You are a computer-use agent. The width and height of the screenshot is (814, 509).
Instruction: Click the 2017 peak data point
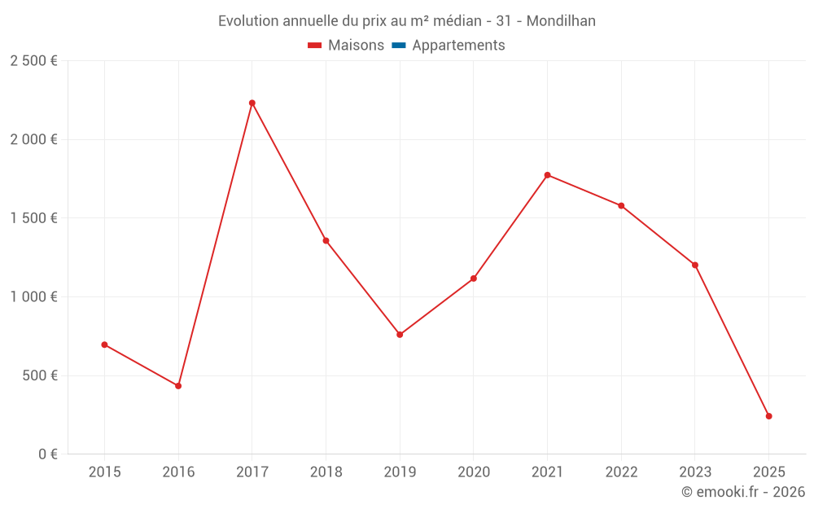pyautogui.click(x=252, y=103)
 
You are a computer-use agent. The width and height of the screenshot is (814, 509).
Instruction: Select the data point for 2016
pyautogui.click(x=178, y=386)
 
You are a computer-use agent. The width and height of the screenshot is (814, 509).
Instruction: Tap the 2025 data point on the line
pyautogui.click(x=768, y=416)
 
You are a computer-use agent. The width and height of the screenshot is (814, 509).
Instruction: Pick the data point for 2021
pyautogui.click(x=547, y=175)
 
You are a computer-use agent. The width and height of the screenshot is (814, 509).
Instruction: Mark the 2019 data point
pyautogui.click(x=400, y=335)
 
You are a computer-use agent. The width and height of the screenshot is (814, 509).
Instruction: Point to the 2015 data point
pyautogui.click(x=104, y=344)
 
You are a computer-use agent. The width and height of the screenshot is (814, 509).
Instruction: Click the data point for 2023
pyautogui.click(x=695, y=265)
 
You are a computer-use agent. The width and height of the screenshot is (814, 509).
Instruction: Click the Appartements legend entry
pyautogui.click(x=458, y=46)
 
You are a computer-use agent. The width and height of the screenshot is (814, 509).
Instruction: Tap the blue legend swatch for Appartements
pyautogui.click(x=399, y=46)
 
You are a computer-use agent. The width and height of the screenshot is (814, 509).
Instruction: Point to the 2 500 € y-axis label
pyautogui.click(x=33, y=61)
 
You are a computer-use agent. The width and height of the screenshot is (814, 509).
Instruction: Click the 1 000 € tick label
pyautogui.click(x=33, y=297)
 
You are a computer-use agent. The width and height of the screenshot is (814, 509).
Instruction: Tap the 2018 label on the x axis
pyautogui.click(x=326, y=472)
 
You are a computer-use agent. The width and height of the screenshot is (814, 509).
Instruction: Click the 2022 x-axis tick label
pyautogui.click(x=621, y=472)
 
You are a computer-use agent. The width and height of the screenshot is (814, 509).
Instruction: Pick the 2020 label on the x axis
pyautogui.click(x=474, y=472)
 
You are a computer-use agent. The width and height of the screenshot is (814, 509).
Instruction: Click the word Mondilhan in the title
pyautogui.click(x=561, y=21)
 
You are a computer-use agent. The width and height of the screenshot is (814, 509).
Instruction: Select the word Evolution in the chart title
pyautogui.click(x=248, y=21)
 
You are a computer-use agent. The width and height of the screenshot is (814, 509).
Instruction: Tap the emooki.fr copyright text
pyautogui.click(x=743, y=492)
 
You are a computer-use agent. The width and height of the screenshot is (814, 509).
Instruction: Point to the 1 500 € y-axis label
pyautogui.click(x=33, y=218)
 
